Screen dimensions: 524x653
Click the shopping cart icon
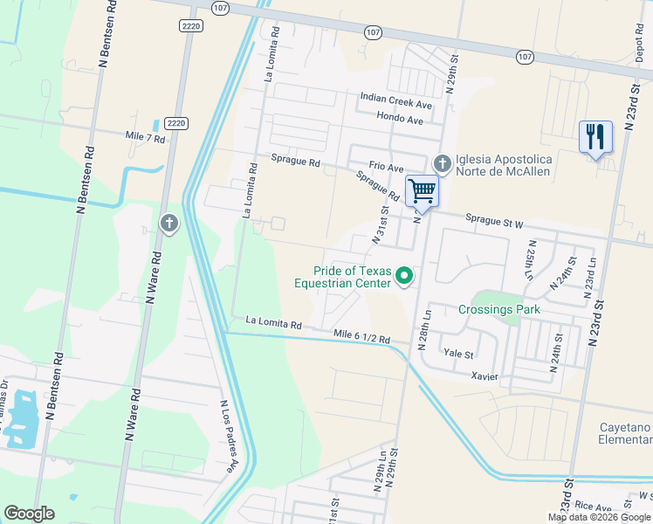point(423,190)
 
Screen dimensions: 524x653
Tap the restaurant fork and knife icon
point(595,137)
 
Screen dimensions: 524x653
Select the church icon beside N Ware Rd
point(169,224)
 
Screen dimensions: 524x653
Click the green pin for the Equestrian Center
point(404,277)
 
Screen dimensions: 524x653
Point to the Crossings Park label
point(499,309)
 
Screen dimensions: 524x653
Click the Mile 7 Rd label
point(145,138)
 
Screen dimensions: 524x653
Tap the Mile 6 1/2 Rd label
point(361,336)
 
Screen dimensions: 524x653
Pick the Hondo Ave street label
point(400,117)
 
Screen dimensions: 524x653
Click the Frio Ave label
point(386,167)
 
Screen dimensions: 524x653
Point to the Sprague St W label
point(494,224)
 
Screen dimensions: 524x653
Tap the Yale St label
point(457,354)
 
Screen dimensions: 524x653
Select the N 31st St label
point(382,224)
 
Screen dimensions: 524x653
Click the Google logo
point(29,514)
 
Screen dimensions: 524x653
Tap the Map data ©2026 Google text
point(599,517)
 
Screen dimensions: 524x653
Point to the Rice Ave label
point(594,507)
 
